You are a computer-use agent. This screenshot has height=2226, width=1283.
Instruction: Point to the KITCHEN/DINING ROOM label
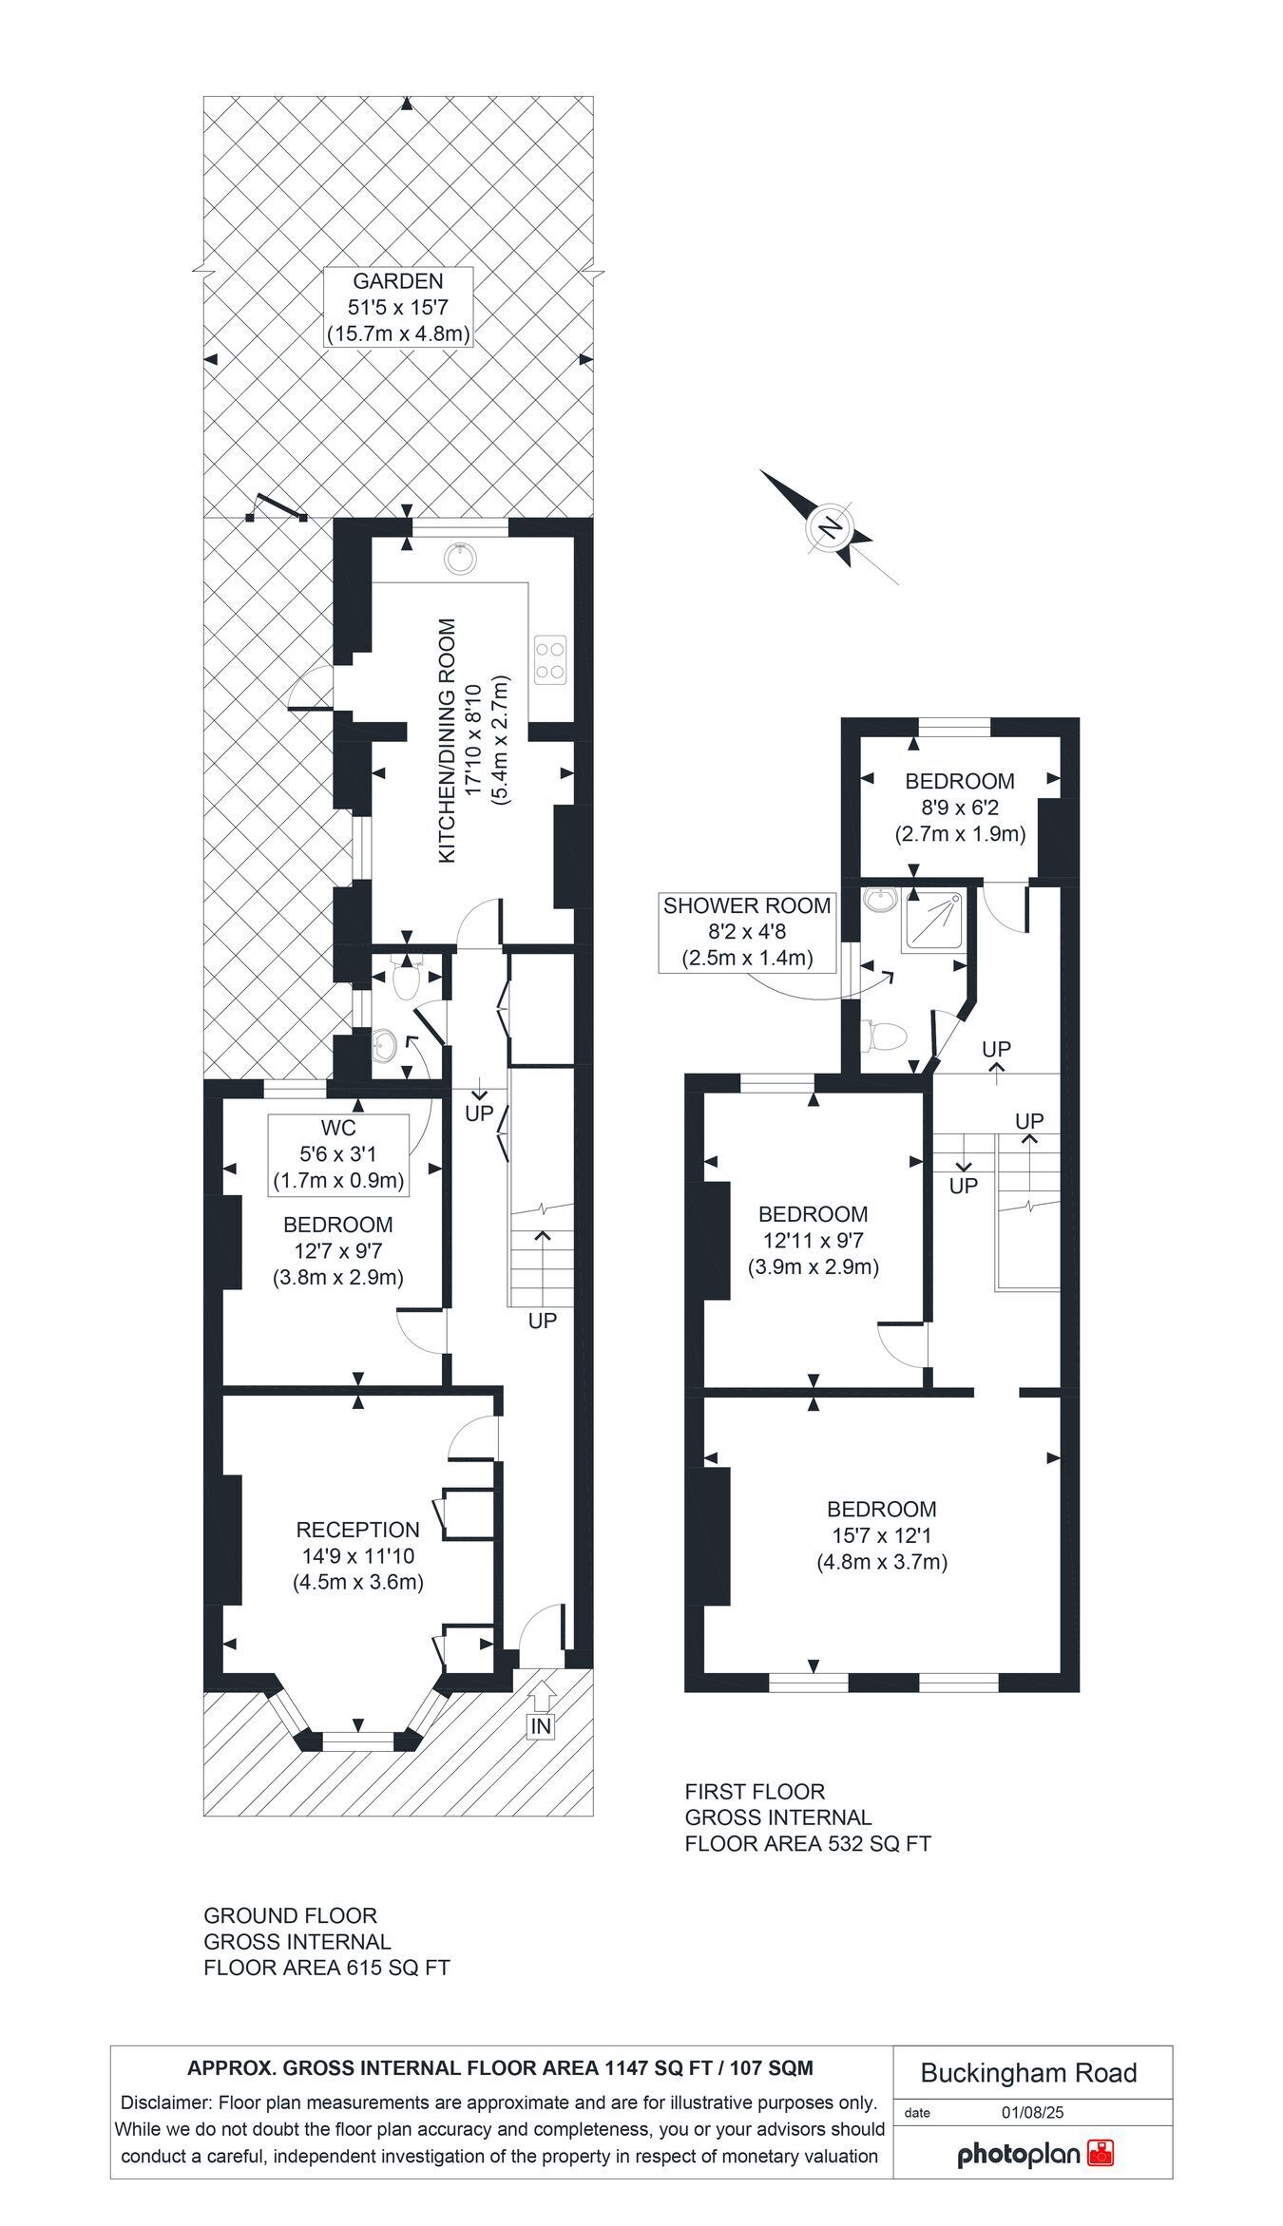point(448,740)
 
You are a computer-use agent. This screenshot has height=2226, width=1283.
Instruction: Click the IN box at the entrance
point(540,1726)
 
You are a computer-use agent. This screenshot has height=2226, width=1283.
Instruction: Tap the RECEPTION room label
point(357,1530)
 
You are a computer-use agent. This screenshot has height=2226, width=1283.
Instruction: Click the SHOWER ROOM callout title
point(747,905)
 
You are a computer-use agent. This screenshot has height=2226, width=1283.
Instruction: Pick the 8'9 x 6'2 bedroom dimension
point(959,808)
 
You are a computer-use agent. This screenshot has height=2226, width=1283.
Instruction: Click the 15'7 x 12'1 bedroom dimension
point(881,1535)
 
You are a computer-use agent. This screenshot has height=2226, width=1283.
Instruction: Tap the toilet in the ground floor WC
point(407,980)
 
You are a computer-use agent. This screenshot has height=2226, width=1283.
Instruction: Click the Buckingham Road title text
point(1028,2072)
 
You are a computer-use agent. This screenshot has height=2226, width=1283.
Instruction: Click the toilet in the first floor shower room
point(884,1035)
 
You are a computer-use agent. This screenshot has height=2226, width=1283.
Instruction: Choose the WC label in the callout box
point(338,1128)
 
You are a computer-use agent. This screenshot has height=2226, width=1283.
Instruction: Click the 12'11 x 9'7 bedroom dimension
point(813,1240)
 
